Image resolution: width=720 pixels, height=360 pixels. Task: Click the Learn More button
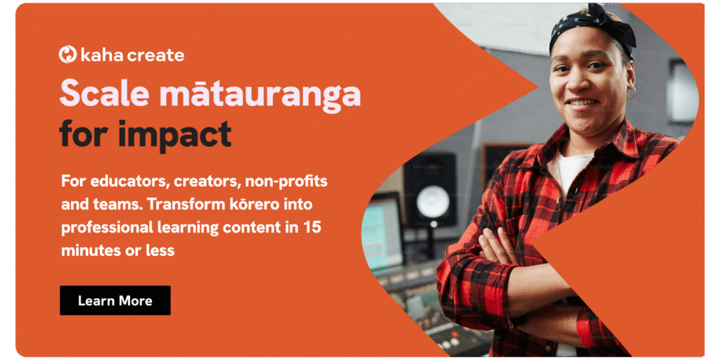115,301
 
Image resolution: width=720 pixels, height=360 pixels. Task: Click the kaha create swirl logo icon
67,54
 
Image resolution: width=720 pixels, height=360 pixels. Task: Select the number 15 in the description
312,227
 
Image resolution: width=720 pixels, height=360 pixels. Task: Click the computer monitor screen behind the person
381,235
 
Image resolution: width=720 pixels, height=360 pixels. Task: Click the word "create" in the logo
156,55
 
